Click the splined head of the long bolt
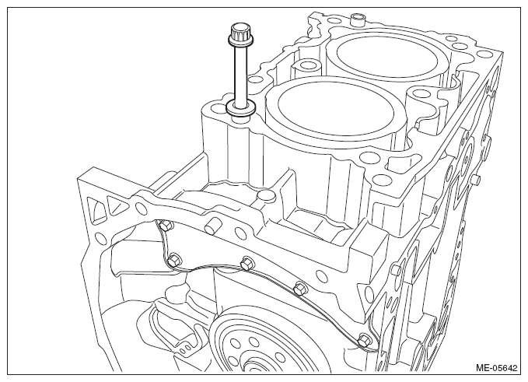tap(238, 33)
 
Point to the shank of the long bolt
tap(240, 74)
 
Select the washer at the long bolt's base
tap(240, 108)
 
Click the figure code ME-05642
tap(496, 367)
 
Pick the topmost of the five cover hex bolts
tap(165, 226)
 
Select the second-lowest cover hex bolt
tap(299, 289)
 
